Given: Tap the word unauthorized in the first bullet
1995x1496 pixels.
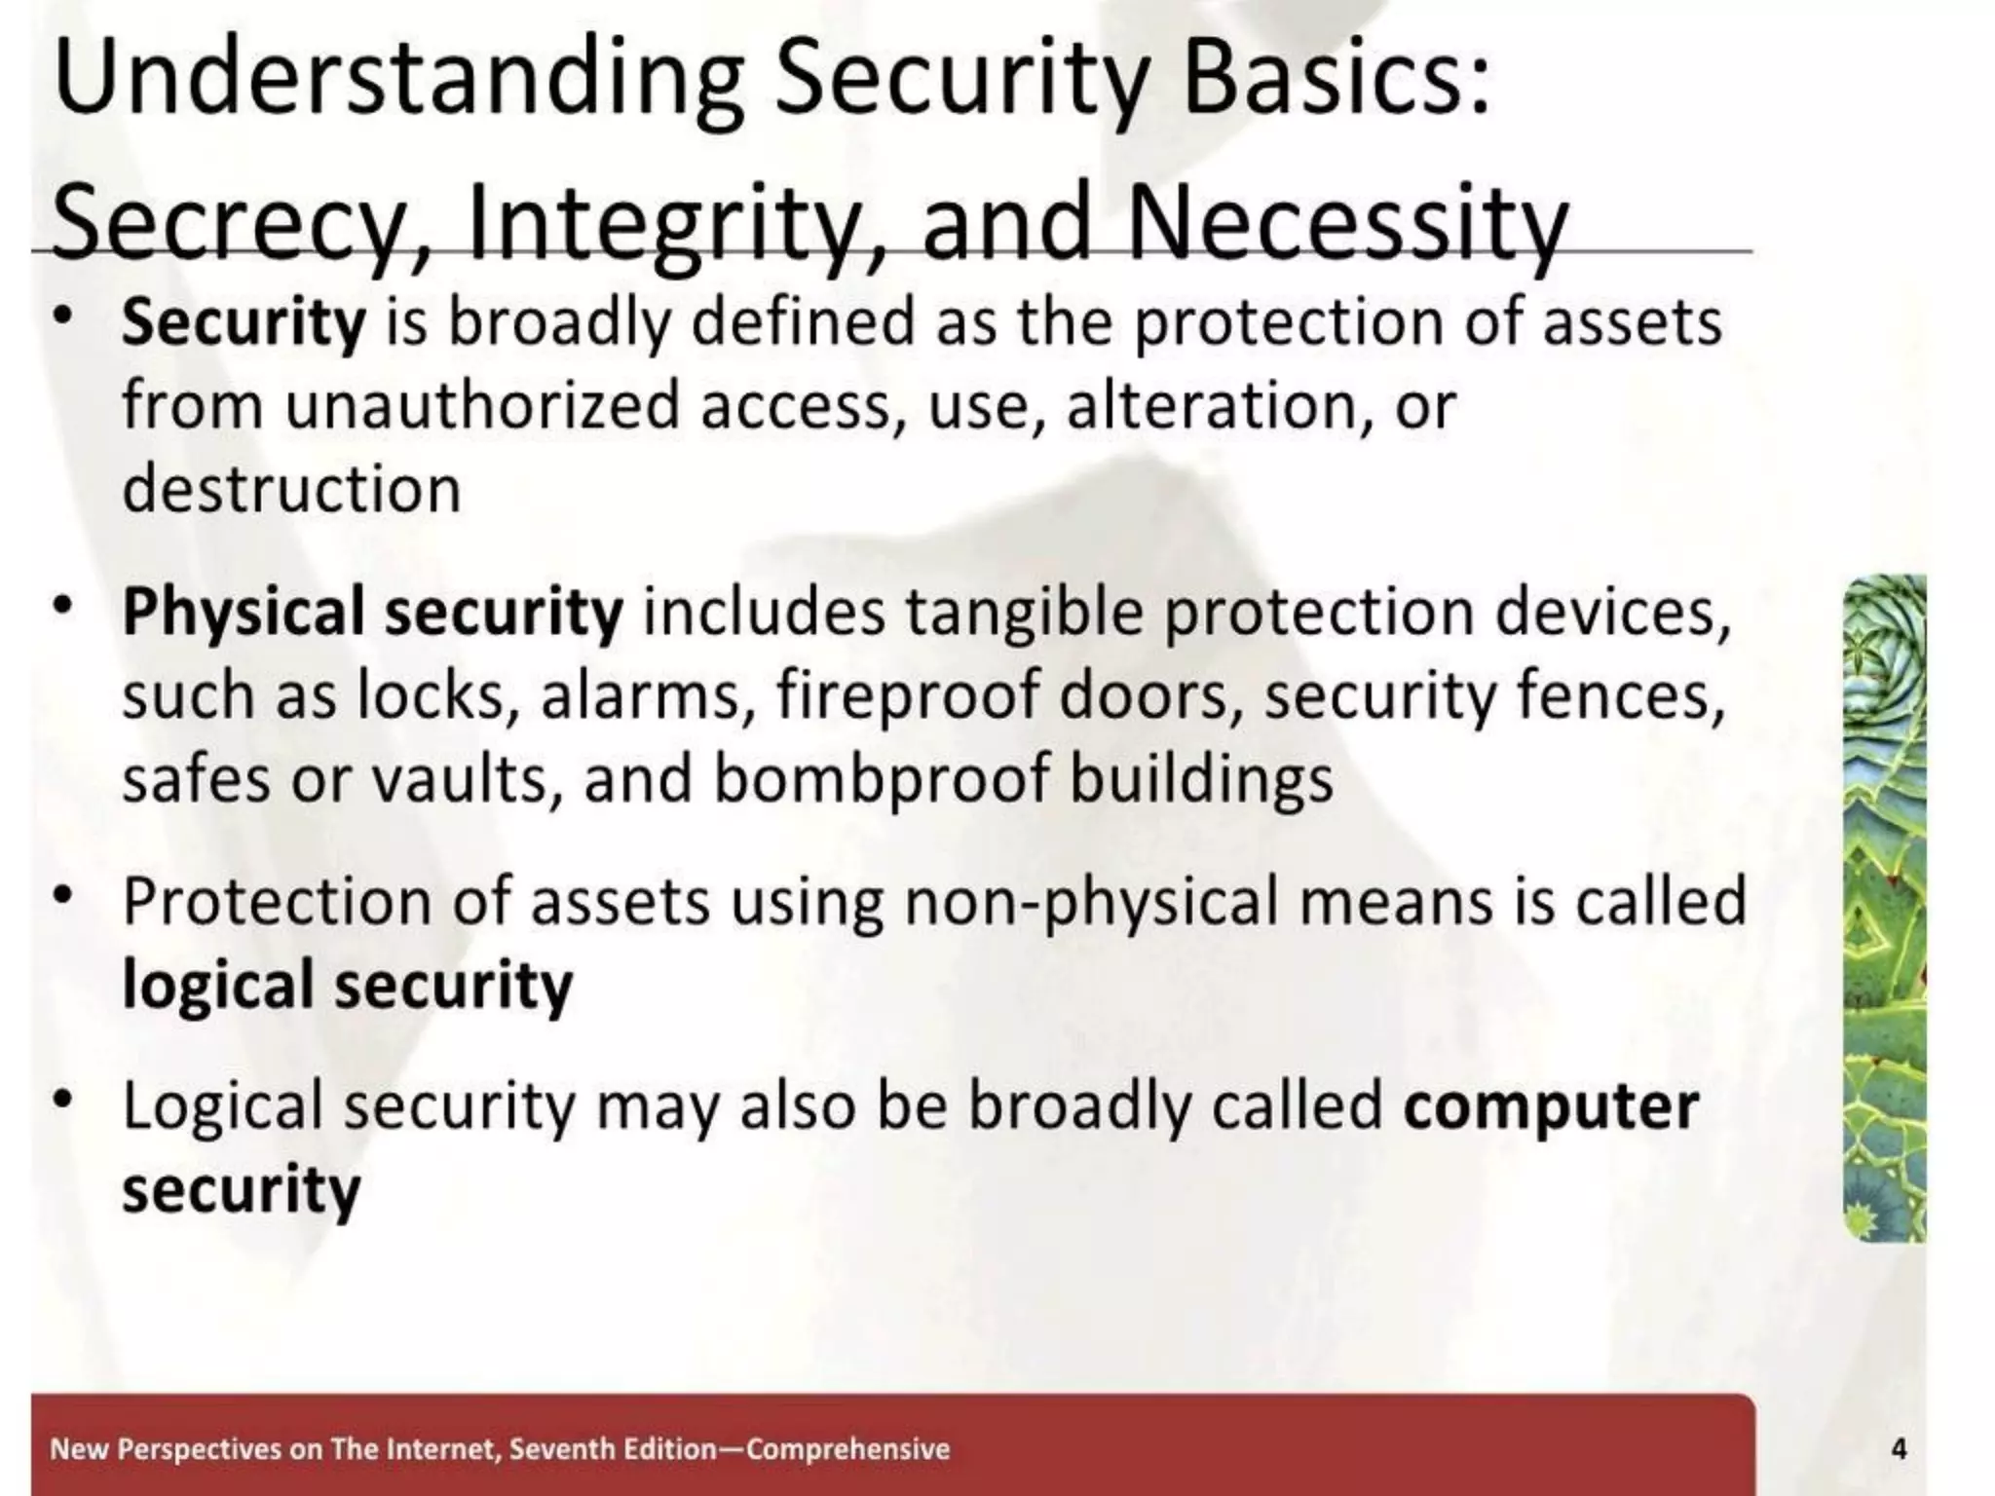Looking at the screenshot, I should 482,406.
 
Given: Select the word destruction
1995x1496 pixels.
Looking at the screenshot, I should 291,489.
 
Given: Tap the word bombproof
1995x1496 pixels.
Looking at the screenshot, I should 883,780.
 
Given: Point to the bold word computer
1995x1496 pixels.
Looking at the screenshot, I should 1551,1107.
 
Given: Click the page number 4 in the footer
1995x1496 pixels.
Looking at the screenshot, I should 1898,1448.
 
